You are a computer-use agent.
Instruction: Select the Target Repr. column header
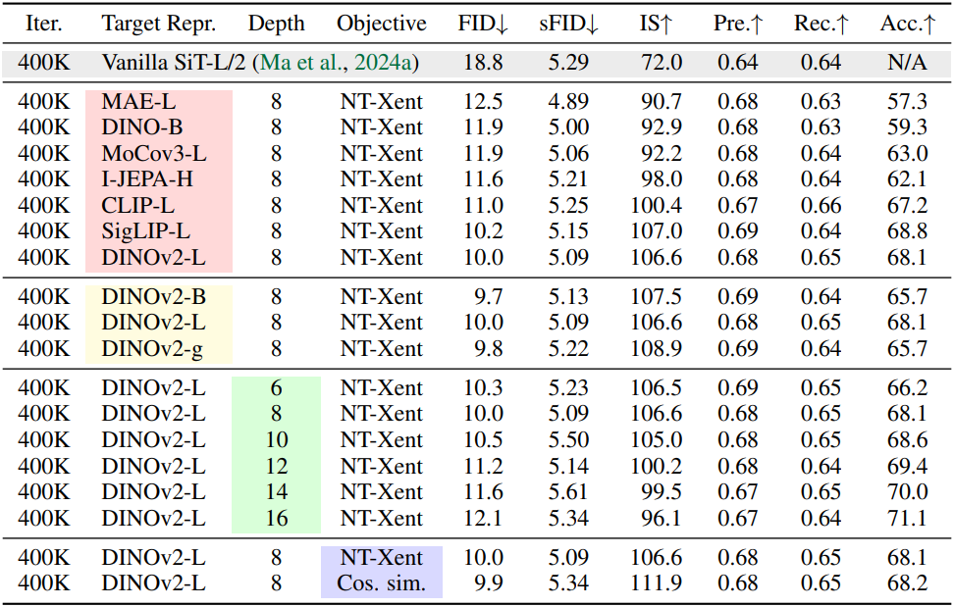coord(159,24)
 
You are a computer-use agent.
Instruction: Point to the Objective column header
coord(382,24)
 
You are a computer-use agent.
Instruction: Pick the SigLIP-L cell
coord(146,231)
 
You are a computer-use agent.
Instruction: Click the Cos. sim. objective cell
coord(382,583)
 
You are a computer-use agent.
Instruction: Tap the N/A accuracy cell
coord(907,63)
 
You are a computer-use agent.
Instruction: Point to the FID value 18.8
coord(483,63)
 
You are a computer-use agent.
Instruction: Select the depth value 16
coord(277,518)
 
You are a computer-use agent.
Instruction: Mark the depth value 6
coord(277,388)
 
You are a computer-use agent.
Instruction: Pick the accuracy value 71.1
coord(907,518)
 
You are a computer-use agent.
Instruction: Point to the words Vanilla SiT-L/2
coord(173,63)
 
